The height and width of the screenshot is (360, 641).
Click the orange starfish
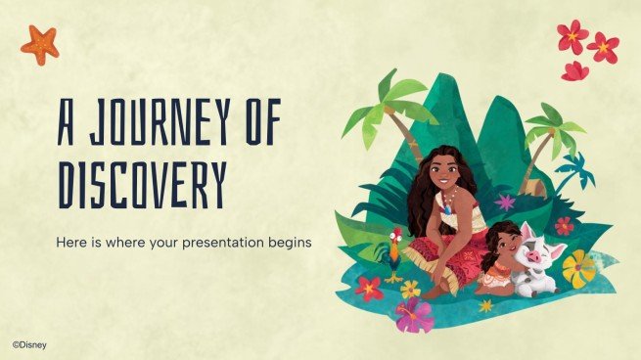point(40,44)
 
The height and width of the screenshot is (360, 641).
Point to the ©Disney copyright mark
point(28,344)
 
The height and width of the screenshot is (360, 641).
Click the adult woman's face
point(444,174)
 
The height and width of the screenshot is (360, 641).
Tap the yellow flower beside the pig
point(577,266)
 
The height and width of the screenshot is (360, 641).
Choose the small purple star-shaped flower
point(506,202)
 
